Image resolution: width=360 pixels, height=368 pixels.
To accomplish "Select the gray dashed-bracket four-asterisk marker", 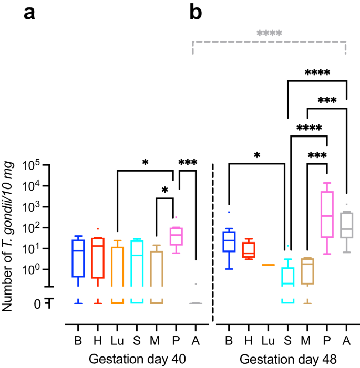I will tap(270, 34).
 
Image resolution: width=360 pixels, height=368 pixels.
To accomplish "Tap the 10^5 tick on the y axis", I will tap(34, 165).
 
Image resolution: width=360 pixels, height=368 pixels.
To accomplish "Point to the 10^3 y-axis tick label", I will tap(34, 207).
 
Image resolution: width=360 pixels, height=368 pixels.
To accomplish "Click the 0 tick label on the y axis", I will tap(38, 303).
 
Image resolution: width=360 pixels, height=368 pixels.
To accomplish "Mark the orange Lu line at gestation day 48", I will tap(268, 265).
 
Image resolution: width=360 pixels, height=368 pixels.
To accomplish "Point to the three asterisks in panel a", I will tap(188, 162).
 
